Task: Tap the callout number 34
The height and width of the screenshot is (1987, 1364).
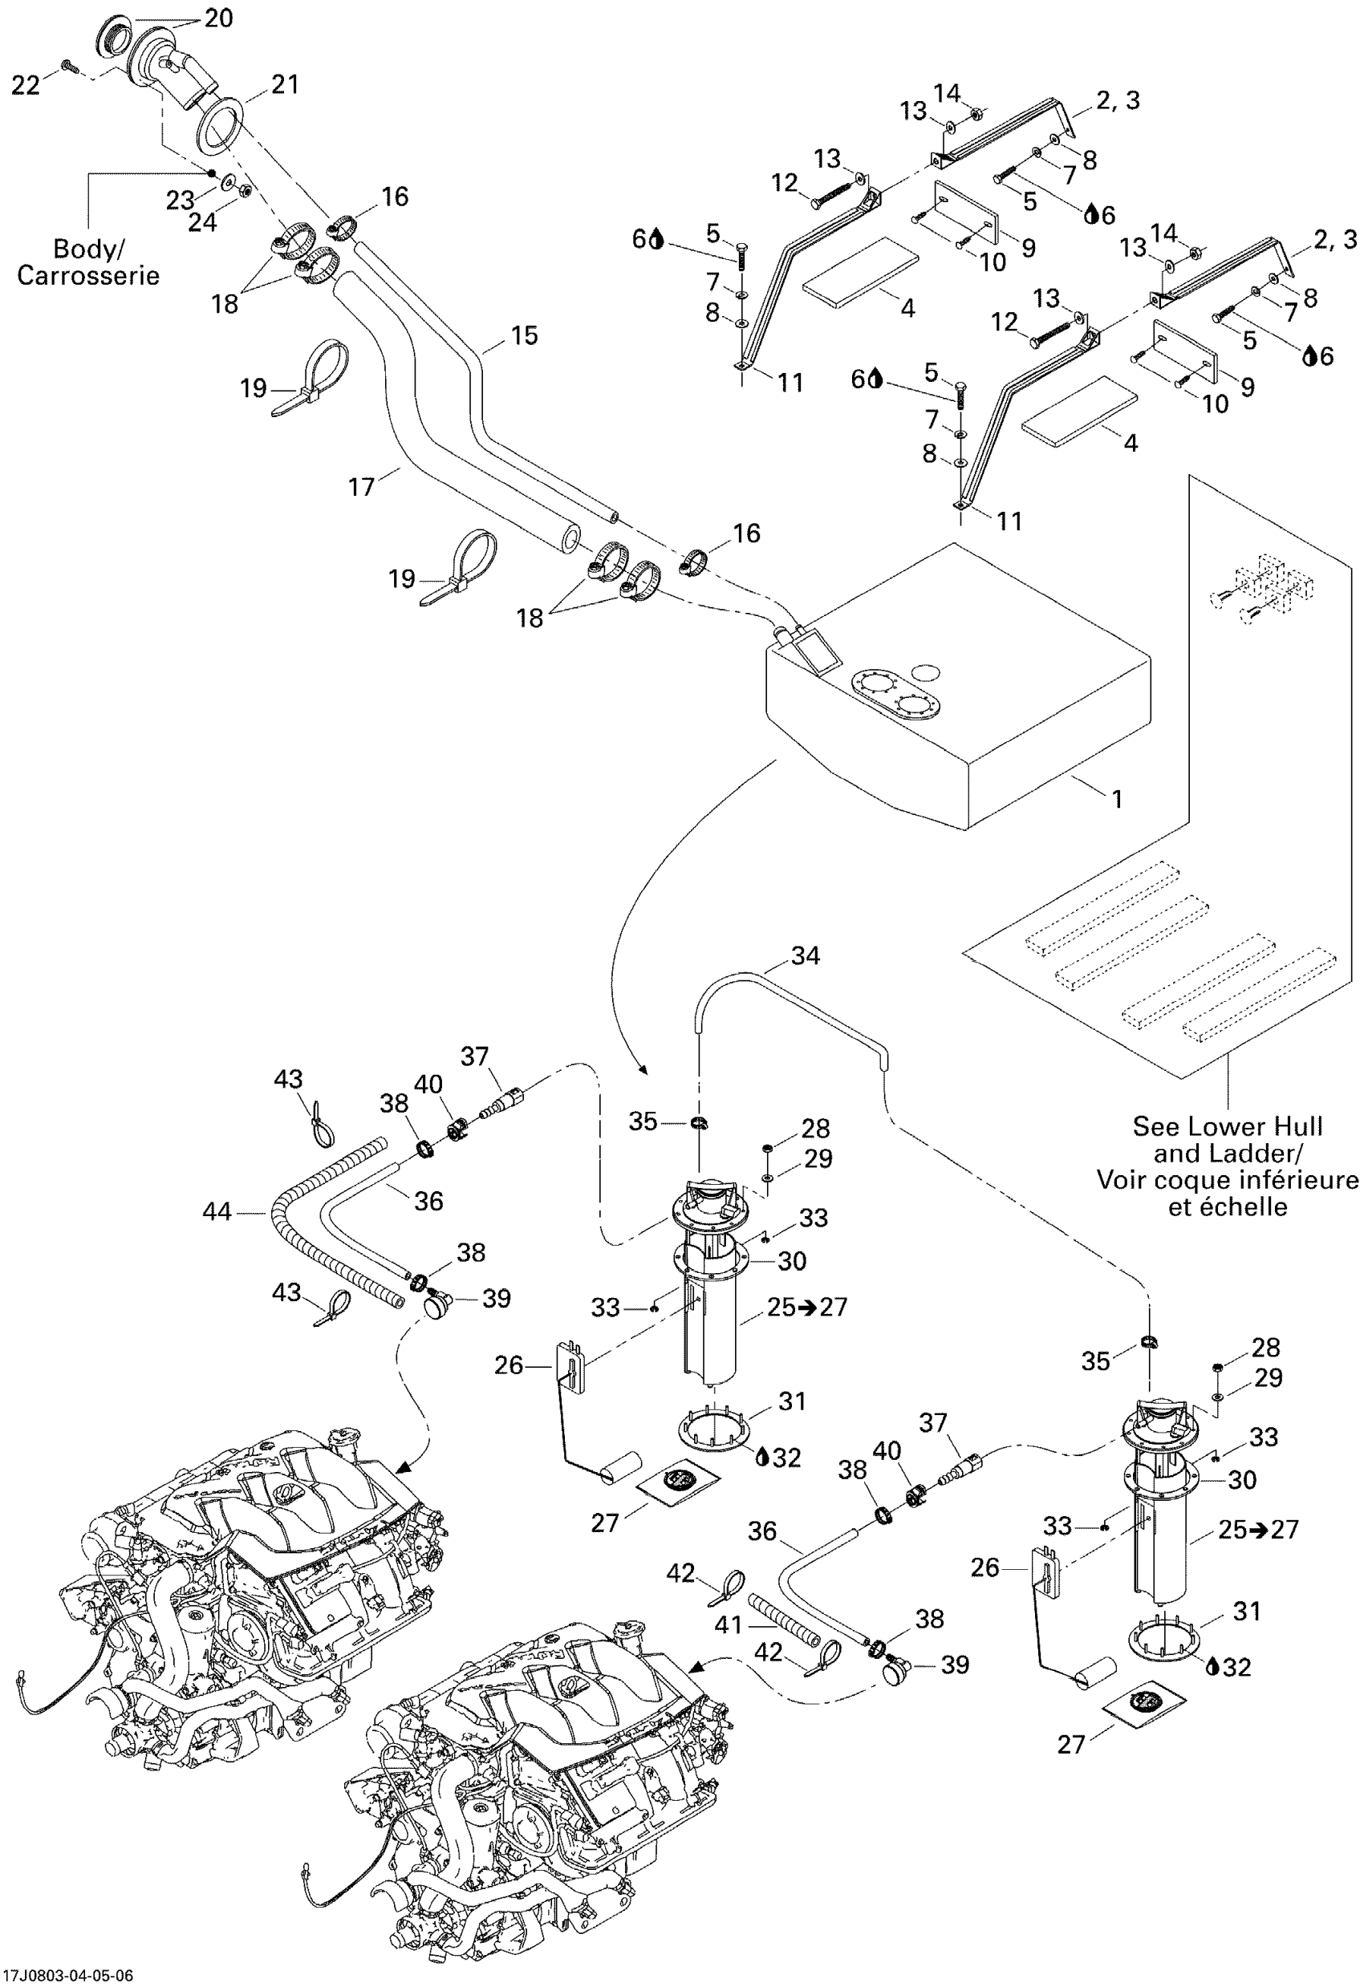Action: pos(805,955)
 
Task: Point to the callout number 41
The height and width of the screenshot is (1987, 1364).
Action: pos(728,1624)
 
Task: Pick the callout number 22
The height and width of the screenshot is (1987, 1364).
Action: pos(25,85)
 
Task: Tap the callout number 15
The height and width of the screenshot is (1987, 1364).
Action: pos(524,335)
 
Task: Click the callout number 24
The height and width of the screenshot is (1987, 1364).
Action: pos(203,222)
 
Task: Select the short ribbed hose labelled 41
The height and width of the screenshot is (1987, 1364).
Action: pos(784,1622)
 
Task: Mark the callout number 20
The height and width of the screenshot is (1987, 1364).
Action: pos(219,18)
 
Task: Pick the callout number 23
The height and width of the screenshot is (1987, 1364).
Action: pos(180,200)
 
